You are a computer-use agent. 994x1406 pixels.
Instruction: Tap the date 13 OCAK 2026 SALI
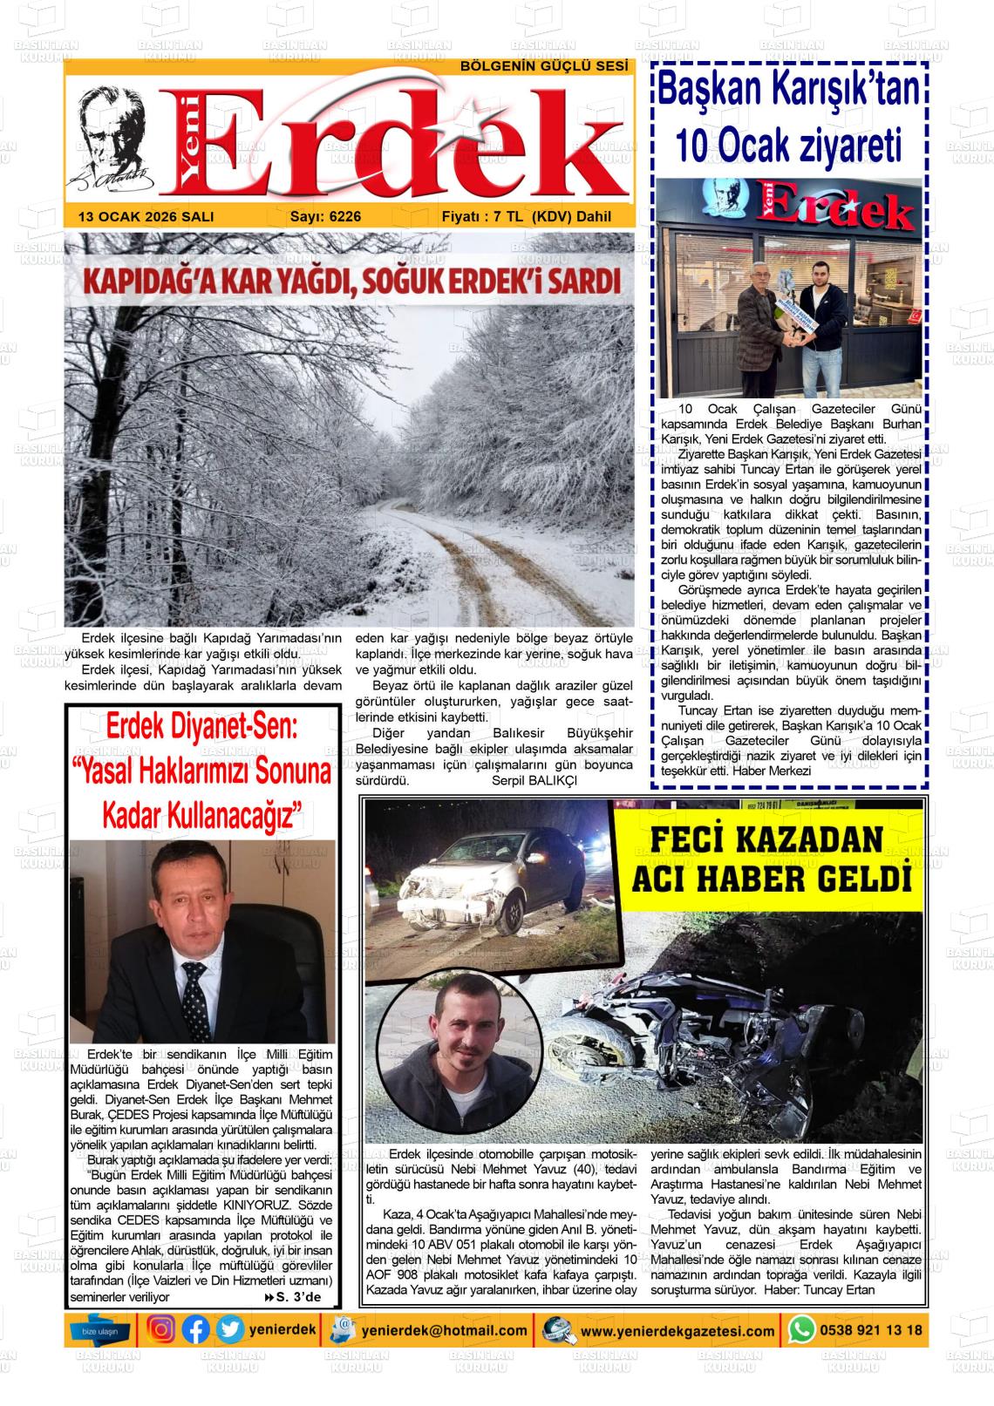pyautogui.click(x=146, y=217)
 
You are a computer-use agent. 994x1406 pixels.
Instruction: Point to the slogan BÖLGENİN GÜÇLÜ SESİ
pyautogui.click(x=544, y=67)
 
